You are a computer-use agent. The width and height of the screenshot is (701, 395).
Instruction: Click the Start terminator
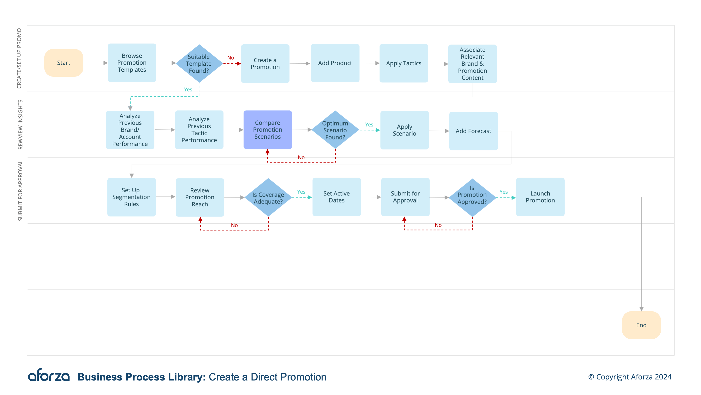coord(64,63)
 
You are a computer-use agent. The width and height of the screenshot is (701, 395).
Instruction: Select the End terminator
coord(641,325)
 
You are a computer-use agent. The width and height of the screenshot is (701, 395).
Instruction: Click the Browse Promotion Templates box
coord(132,63)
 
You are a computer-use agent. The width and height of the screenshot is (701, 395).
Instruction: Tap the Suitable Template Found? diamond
coord(199,63)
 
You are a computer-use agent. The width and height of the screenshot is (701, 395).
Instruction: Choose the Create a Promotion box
coord(265,63)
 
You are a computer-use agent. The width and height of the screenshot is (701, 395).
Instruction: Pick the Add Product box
coord(335,63)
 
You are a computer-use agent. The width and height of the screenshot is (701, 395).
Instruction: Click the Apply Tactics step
coord(403,63)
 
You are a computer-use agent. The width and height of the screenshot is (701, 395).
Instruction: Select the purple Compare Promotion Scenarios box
coord(268,130)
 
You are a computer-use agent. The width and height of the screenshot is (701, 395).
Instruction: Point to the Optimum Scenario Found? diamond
coord(335,130)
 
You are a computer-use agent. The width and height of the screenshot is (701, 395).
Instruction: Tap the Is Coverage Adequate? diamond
coord(268,198)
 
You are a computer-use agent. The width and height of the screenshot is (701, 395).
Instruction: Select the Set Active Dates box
coord(337,197)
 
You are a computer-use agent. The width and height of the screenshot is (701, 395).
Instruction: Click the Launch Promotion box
coord(540,197)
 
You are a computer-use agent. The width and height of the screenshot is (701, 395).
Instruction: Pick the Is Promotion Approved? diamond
coord(472,198)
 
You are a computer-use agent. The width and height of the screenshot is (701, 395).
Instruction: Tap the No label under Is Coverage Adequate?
coord(234,225)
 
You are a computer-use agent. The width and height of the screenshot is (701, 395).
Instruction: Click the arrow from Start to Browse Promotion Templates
coord(95,63)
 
